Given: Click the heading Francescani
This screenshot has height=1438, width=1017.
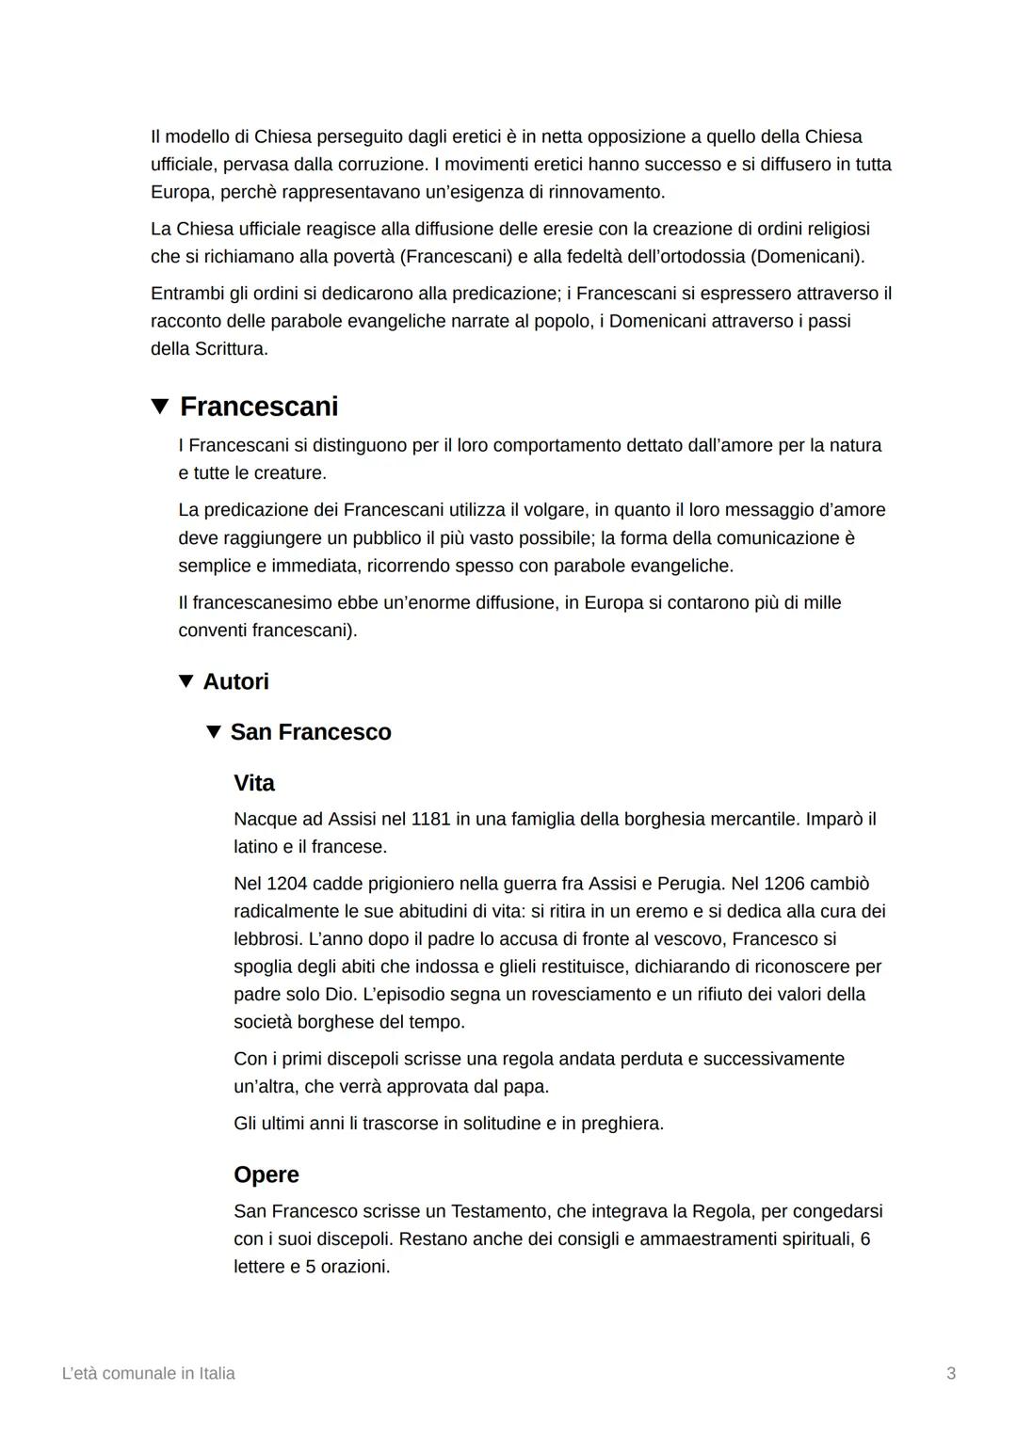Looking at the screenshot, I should pyautogui.click(x=259, y=407).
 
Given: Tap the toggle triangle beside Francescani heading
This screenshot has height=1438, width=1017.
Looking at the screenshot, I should pyautogui.click(x=160, y=407).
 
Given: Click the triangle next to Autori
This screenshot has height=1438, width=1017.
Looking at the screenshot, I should pyautogui.click(x=186, y=680).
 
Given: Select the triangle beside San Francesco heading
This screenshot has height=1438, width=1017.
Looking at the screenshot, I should pyautogui.click(x=214, y=731).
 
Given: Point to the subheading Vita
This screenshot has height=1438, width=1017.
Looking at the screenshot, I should pyautogui.click(x=254, y=783).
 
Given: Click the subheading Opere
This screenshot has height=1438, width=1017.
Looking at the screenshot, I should pyautogui.click(x=266, y=1174).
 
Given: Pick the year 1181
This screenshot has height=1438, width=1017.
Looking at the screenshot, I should pyautogui.click(x=430, y=819).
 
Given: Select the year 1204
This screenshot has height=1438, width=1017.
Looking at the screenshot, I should pyautogui.click(x=287, y=884).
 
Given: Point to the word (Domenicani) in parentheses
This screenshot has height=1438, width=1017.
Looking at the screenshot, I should pyautogui.click(x=807, y=256).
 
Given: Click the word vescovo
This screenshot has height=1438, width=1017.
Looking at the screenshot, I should pyautogui.click(x=691, y=938).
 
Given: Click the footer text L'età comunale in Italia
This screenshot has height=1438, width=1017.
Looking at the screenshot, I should pyautogui.click(x=148, y=1373).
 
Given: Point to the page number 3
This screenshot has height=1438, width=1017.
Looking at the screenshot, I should pyautogui.click(x=951, y=1373).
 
